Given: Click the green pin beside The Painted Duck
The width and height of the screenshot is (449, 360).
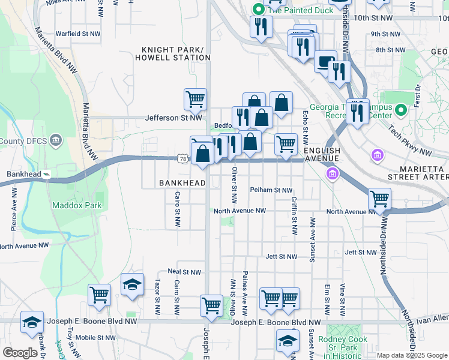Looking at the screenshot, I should [258, 10].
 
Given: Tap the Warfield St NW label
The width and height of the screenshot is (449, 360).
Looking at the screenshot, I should [77, 34].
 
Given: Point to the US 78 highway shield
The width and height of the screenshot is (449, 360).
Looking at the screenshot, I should [183, 158].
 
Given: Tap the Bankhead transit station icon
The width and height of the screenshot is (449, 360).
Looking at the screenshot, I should [47, 175].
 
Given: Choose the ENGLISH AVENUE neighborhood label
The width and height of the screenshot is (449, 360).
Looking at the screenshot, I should [322, 154].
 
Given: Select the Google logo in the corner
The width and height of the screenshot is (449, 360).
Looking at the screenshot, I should [20, 353].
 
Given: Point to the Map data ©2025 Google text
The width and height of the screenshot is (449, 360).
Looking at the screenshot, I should [412, 355].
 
